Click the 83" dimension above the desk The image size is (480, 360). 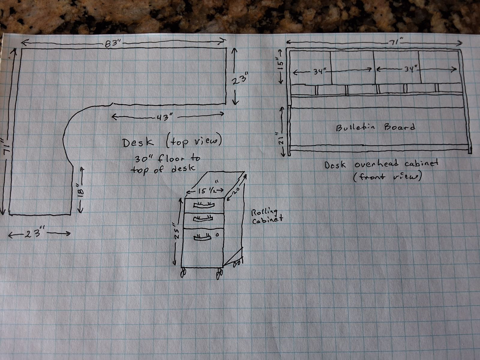pos(112,44)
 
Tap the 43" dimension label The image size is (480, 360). pos(164,118)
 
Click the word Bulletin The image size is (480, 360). pos(355,127)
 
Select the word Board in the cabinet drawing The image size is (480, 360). pos(400,127)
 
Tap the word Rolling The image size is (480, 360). pos(265,212)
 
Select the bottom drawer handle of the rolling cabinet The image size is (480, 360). pos(202,237)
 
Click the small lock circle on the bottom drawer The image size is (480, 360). pos(217,235)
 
